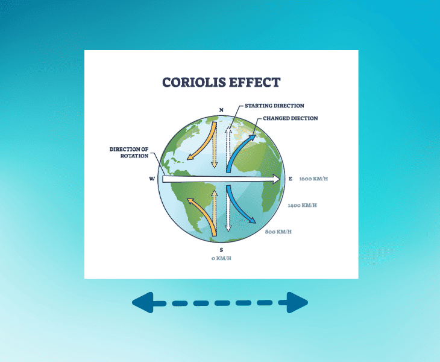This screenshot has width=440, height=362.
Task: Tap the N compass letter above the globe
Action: tap(221, 110)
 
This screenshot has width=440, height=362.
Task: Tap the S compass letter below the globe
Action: tap(221, 249)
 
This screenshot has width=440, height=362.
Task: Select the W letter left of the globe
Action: tap(152, 179)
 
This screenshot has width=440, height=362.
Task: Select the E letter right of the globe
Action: tap(290, 179)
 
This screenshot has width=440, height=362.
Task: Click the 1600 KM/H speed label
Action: tap(313, 179)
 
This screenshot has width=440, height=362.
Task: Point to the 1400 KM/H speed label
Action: tap(303, 206)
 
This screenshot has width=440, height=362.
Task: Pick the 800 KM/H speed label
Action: tap(279, 231)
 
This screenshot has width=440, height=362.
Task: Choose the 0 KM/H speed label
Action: tap(221, 259)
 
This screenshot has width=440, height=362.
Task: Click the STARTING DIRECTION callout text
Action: tap(274, 106)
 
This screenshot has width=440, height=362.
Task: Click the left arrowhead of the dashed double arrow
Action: tap(142, 302)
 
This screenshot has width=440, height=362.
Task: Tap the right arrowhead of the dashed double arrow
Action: tap(298, 302)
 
